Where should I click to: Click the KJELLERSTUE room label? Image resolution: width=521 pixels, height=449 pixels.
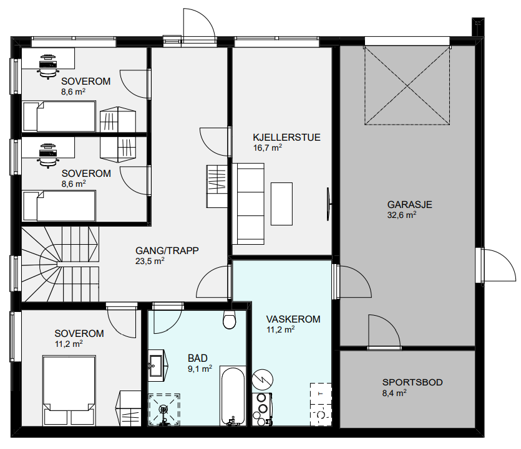[286, 137]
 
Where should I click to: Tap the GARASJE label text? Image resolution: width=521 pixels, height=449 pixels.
[410, 204]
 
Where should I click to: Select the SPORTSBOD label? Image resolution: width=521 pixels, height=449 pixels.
[412, 382]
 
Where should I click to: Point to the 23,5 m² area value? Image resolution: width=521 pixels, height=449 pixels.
[150, 261]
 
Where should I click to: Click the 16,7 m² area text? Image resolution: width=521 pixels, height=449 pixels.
[268, 148]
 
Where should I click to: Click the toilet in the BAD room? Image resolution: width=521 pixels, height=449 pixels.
[229, 319]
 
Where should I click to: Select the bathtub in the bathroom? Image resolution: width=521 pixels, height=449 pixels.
[233, 396]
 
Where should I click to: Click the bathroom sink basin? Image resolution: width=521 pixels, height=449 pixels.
[155, 366]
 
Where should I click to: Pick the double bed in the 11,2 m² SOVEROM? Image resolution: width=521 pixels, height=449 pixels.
[69, 390]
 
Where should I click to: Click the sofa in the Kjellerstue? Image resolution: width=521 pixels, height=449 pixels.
[248, 204]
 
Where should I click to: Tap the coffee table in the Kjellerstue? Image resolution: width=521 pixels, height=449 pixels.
[282, 204]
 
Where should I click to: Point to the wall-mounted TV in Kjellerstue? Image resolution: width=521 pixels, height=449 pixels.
[328, 204]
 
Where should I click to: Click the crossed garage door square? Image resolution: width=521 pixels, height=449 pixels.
[407, 86]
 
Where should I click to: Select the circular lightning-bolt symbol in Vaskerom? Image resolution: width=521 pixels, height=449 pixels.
[263, 379]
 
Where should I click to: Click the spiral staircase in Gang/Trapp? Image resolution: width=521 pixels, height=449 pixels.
[60, 264]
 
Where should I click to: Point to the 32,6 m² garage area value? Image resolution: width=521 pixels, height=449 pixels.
[402, 215]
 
